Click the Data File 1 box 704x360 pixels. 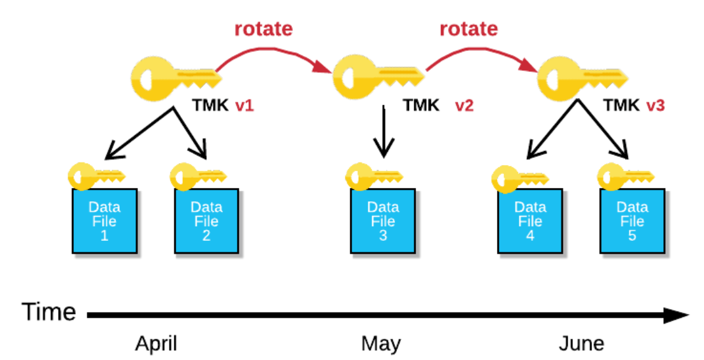(x=104, y=221)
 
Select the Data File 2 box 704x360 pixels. (x=206, y=221)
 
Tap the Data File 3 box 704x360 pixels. (x=384, y=221)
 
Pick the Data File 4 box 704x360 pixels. (x=530, y=221)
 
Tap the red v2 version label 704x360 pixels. (x=464, y=106)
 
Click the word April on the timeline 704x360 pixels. (x=156, y=344)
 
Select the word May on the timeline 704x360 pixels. (x=381, y=344)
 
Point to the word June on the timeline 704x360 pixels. (x=581, y=344)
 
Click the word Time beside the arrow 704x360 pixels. (x=49, y=312)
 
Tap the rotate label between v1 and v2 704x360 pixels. (x=264, y=29)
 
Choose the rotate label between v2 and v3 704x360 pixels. (x=468, y=29)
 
